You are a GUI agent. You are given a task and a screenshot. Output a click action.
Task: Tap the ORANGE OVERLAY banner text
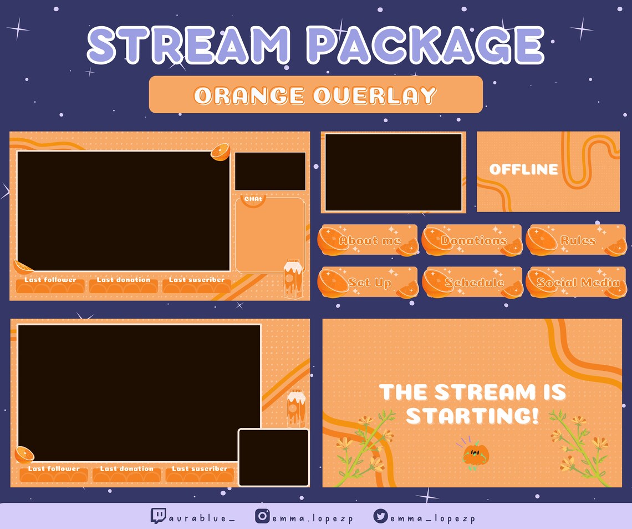[x=315, y=95]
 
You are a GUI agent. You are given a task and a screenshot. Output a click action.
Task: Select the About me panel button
[x=369, y=240]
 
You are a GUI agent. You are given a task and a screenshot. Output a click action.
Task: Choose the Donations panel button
[x=473, y=240]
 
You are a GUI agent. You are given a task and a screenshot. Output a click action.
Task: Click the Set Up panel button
[x=369, y=283]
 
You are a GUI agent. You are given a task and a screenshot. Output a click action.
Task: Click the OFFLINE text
[x=523, y=169]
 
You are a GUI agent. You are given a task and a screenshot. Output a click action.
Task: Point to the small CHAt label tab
[x=253, y=199]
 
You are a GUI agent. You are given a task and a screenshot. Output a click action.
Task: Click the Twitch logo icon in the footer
[x=158, y=516]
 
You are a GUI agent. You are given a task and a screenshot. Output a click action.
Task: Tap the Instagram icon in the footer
[x=262, y=516]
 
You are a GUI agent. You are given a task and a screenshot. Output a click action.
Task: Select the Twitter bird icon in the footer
[x=380, y=516]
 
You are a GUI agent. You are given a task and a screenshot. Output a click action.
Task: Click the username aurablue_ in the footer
[x=202, y=518]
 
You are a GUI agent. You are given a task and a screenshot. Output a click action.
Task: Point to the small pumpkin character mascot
[x=475, y=454]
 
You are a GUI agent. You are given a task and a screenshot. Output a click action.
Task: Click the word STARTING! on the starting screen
[x=472, y=415]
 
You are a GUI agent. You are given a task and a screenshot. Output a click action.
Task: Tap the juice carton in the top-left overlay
[x=292, y=279]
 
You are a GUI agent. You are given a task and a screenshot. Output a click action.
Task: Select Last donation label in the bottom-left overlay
[x=127, y=468]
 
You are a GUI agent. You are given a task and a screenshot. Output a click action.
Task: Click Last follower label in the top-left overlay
[x=50, y=280]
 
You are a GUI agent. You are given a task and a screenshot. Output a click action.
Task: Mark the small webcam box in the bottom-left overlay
[x=273, y=457]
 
